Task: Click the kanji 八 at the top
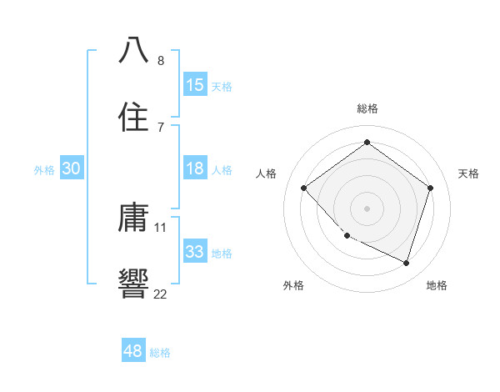pyautogui.click(x=134, y=49)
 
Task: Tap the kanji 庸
pyautogui.click(x=134, y=218)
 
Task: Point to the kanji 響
pyautogui.click(x=134, y=281)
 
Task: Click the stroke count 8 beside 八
pyautogui.click(x=161, y=60)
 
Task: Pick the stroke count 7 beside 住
pyautogui.click(x=161, y=127)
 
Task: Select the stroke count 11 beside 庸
pyautogui.click(x=161, y=227)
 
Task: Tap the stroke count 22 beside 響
pyautogui.click(x=161, y=293)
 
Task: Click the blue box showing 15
pyautogui.click(x=194, y=85)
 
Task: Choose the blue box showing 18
pyautogui.click(x=194, y=168)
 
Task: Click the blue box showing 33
pyautogui.click(x=194, y=251)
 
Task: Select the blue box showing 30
pyautogui.click(x=72, y=168)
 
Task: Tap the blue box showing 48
pyautogui.click(x=133, y=351)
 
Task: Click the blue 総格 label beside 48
pyautogui.click(x=160, y=353)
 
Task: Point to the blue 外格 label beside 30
pyautogui.click(x=44, y=170)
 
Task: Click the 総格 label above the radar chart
pyautogui.click(x=367, y=108)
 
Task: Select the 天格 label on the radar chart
pyautogui.click(x=468, y=173)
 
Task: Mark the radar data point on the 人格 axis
pyautogui.click(x=304, y=188)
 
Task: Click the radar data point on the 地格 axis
pyautogui.click(x=406, y=263)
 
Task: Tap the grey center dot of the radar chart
pyautogui.click(x=367, y=208)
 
